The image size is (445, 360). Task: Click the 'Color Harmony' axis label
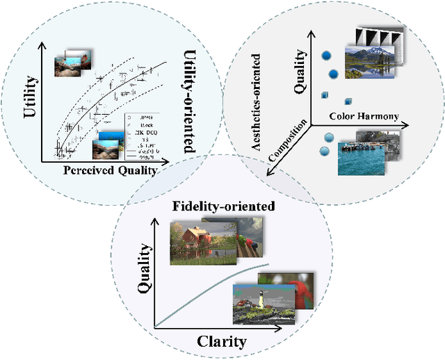coord(364,116)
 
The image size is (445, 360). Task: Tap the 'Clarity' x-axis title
coord(222,341)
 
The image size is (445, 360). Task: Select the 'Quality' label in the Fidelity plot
coord(145,267)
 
